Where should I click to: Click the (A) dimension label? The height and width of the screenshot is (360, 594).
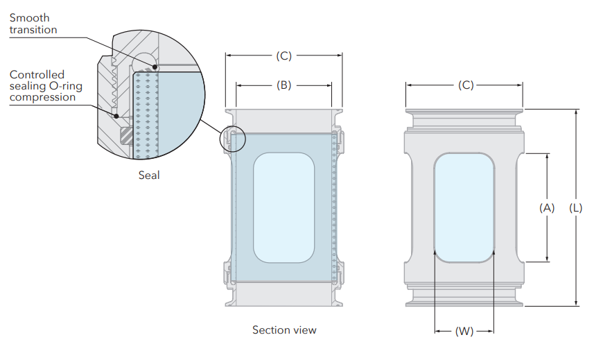pyautogui.click(x=547, y=207)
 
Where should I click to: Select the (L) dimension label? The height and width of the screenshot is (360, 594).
pyautogui.click(x=575, y=207)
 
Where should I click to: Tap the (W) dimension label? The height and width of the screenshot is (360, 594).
pyautogui.click(x=464, y=332)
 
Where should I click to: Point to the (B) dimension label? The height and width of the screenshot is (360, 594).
pyautogui.click(x=283, y=86)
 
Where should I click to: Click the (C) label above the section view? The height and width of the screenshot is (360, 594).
pyautogui.click(x=283, y=55)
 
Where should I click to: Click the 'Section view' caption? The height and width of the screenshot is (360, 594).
pyautogui.click(x=284, y=329)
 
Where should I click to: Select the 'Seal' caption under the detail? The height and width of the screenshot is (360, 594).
pyautogui.click(x=149, y=175)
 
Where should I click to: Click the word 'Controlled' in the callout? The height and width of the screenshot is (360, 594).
pyautogui.click(x=37, y=74)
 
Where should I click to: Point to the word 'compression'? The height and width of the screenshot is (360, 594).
pyautogui.click(x=42, y=97)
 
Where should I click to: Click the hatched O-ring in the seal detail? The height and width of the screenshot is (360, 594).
pyautogui.click(x=125, y=135)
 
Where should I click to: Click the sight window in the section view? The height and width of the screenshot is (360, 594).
pyautogui.click(x=284, y=207)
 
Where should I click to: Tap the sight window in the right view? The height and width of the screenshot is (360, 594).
pyautogui.click(x=464, y=207)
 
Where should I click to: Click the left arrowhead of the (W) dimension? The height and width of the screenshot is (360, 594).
pyautogui.click(x=437, y=332)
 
